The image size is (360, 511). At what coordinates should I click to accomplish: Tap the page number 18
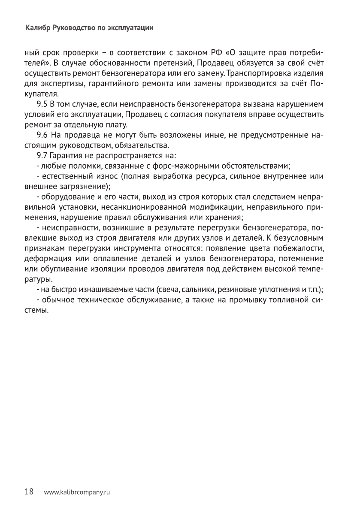pos(29,492)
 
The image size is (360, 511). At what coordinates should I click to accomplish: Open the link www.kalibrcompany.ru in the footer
pos(77,492)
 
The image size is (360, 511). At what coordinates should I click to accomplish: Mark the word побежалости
pos(296,249)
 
